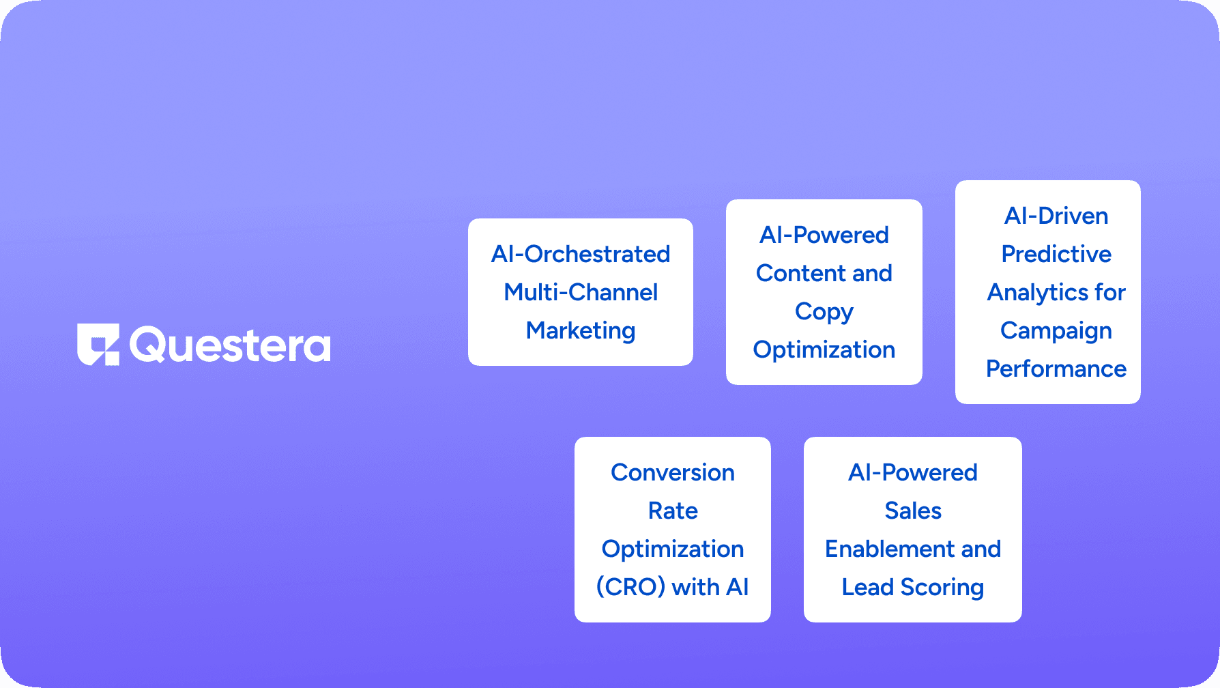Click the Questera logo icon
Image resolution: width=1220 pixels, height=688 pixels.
(x=98, y=344)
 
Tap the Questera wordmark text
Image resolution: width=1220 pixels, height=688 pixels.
(x=230, y=345)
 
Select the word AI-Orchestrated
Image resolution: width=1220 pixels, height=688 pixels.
(x=581, y=254)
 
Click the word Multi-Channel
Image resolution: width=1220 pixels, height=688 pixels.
(x=581, y=292)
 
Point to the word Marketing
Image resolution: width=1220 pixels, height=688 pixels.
(x=581, y=331)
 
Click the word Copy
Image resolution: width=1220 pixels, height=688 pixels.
(x=824, y=312)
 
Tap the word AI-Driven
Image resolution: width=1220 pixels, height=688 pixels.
(x=1056, y=216)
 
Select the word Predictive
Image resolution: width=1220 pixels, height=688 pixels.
(x=1056, y=254)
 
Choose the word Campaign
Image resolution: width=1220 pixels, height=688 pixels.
(x=1056, y=331)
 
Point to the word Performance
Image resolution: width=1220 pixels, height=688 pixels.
(x=1056, y=369)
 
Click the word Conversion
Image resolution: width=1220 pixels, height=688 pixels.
(x=673, y=472)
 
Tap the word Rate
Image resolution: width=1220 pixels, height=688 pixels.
(x=673, y=511)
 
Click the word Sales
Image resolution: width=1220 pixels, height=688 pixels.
(x=913, y=511)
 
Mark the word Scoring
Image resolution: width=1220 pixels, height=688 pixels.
(x=942, y=588)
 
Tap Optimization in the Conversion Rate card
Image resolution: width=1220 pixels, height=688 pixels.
(x=673, y=549)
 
